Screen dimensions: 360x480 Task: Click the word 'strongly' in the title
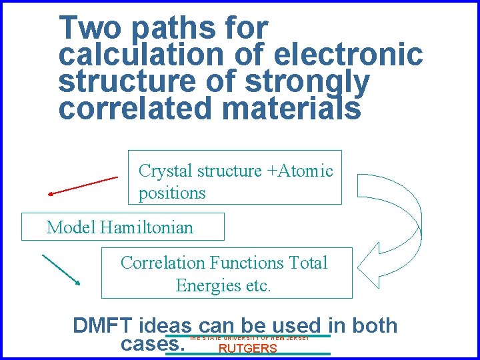[x=307, y=82]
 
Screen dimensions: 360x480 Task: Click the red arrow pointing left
[x=83, y=185]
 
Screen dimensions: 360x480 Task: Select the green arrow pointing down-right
[x=61, y=269]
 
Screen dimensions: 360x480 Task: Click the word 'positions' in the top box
[x=172, y=193]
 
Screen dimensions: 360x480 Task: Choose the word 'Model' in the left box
[x=71, y=227]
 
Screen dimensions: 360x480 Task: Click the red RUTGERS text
[x=248, y=349]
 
